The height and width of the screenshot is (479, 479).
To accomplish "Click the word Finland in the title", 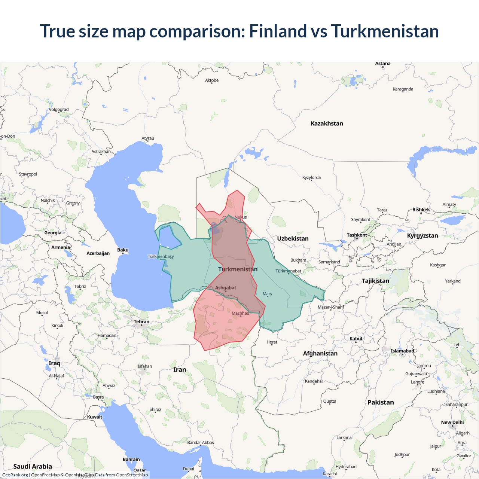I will coord(278,31).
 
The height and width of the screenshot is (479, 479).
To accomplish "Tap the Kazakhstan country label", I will coord(327,123).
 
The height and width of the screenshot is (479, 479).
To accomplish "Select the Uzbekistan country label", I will coord(293,238).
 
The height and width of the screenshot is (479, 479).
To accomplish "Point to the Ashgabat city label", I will coord(226,288).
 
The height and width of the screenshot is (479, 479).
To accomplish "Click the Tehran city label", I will coord(141,322).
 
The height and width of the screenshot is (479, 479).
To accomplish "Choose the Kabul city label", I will coord(356,339).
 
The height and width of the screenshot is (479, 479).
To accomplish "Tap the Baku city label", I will coord(123,250).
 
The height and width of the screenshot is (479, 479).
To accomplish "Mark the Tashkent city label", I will coord(357,235).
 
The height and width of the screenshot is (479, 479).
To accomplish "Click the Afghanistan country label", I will coord(320,353).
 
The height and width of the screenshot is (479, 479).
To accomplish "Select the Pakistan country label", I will coord(381,402).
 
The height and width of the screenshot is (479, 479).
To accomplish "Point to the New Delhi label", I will coord(452,422).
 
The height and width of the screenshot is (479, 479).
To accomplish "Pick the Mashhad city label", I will coord(240,313).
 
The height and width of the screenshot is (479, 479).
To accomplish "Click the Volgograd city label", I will coord(59,110).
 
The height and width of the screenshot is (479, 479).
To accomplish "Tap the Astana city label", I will coord(383,64).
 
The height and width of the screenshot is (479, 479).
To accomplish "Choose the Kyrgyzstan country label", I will coord(422,235).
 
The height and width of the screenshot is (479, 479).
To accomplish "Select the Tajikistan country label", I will coord(375,281).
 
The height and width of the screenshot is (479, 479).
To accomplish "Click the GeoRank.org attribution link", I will coord(15,475).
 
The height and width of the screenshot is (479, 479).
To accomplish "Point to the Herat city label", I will coord(272,342).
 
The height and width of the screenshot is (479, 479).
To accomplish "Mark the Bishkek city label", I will coord(421,210).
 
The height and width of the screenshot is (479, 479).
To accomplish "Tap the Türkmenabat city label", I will coord(288,271).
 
